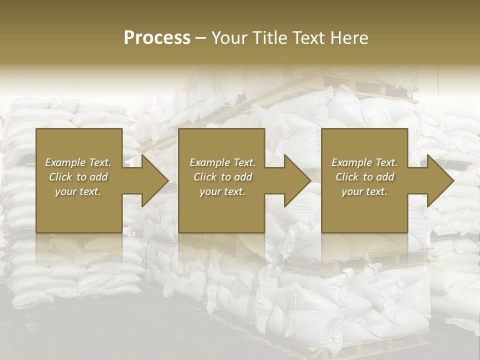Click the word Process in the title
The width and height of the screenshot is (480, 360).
click(157, 38)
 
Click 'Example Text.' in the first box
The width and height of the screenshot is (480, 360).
click(78, 162)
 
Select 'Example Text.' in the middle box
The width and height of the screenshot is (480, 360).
click(222, 162)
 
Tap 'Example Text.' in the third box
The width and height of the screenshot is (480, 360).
click(364, 162)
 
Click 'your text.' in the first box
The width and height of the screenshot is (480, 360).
click(78, 191)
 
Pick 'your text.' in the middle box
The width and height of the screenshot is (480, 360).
click(222, 191)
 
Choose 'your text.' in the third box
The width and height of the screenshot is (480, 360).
click(364, 191)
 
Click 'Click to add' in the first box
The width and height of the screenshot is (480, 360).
click(78, 177)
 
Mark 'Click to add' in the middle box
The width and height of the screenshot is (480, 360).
click(222, 177)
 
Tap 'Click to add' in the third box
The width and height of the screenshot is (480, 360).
click(364, 177)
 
